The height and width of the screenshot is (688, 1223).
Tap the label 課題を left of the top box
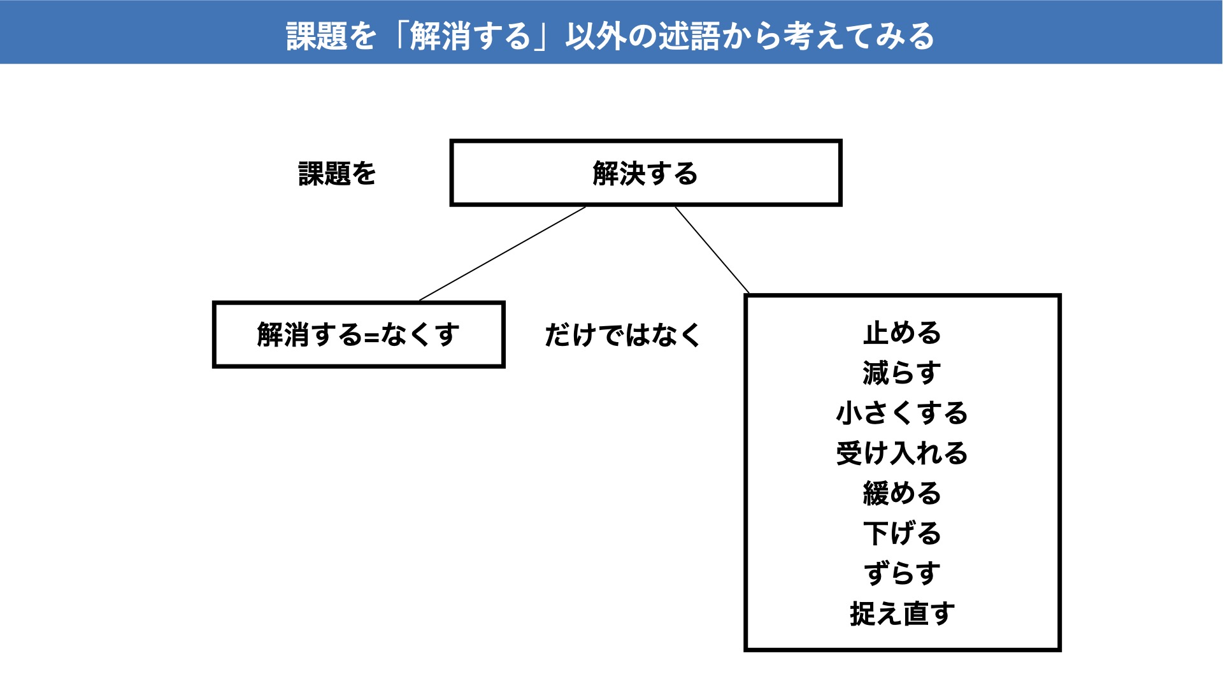pyautogui.click(x=337, y=173)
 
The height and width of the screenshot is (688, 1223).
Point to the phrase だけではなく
pyautogui.click(x=622, y=335)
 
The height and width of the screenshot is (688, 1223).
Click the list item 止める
pyautogui.click(x=902, y=333)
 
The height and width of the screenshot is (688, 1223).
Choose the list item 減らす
pyautogui.click(x=902, y=373)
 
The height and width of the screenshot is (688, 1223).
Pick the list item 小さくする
pyautogui.click(x=902, y=413)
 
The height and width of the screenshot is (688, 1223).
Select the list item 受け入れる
pyautogui.click(x=902, y=454)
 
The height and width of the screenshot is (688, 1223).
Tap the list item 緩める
pyautogui.click(x=902, y=494)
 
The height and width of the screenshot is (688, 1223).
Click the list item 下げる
pyautogui.click(x=902, y=534)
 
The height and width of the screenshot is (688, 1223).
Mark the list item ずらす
pyautogui.click(x=902, y=574)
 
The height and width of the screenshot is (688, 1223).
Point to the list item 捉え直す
pyautogui.click(x=902, y=614)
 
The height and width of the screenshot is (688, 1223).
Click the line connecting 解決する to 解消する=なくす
pyautogui.click(x=503, y=254)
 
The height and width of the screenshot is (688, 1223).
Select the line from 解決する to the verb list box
pyautogui.click(x=712, y=250)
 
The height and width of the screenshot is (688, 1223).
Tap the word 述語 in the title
pyautogui.click(x=689, y=36)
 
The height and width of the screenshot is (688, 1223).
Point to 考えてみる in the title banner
pyautogui.click(x=859, y=36)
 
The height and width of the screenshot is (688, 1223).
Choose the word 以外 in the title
pyautogui.click(x=596, y=36)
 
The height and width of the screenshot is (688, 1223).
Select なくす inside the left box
pyautogui.click(x=420, y=334)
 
